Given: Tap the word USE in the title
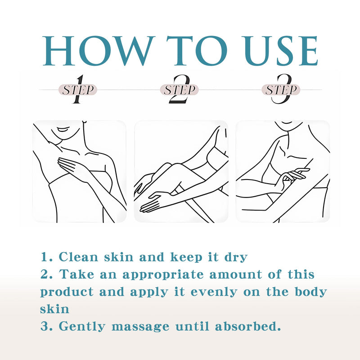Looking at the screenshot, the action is coord(280,50).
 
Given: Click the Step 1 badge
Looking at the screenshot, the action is coord(78,90).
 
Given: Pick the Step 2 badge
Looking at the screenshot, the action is coord(179,90).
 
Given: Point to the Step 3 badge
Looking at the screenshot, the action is coord(281,90).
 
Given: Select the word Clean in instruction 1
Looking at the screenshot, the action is coord(78,257).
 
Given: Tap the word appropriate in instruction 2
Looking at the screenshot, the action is coord(163,275).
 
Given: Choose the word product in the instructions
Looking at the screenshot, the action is coord(67,292).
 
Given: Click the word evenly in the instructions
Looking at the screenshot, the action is coord(214,292).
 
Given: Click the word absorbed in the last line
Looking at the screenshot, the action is coord(248,326).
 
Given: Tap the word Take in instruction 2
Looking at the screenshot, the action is coord(76,274).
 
